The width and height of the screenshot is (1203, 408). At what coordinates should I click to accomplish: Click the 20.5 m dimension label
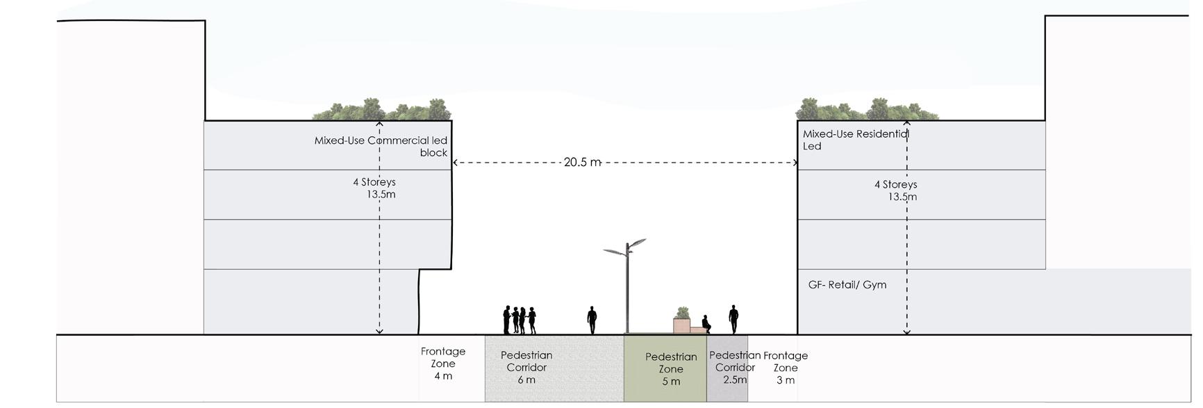click(x=582, y=162)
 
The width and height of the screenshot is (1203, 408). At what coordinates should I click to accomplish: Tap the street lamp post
click(x=627, y=292)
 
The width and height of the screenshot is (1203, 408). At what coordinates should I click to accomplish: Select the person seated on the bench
click(x=706, y=324)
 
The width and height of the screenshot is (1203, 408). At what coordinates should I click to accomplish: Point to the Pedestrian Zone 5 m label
click(x=671, y=369)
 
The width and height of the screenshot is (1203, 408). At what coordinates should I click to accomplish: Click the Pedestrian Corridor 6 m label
click(x=526, y=367)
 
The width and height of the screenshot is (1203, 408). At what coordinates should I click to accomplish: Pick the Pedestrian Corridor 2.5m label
click(x=734, y=367)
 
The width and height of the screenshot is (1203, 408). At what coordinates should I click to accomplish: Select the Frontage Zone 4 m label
click(x=443, y=364)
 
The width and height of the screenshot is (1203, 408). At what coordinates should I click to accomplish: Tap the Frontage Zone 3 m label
click(x=786, y=368)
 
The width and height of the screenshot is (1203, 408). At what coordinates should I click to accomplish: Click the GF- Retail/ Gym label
click(x=847, y=284)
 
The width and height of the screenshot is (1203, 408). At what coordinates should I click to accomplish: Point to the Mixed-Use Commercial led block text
click(x=381, y=146)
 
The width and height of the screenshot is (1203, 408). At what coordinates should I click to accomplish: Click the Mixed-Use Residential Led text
click(x=855, y=140)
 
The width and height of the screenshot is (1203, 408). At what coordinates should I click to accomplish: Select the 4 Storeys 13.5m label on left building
click(x=375, y=188)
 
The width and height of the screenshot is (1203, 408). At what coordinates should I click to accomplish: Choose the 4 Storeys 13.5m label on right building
click(x=896, y=190)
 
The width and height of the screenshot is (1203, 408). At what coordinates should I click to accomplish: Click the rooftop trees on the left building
click(x=383, y=110)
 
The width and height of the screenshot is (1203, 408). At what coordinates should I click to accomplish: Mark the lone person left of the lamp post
click(x=592, y=320)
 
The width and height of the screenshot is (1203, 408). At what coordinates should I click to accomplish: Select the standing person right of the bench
click(x=733, y=319)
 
